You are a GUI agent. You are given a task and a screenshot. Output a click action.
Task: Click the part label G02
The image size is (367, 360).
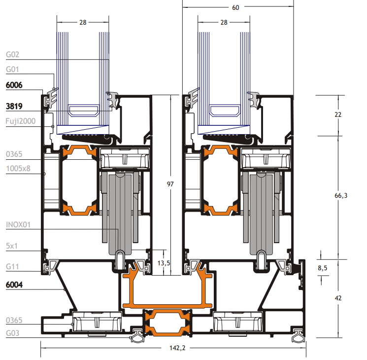12,55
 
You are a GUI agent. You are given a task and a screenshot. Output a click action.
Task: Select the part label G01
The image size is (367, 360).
12,70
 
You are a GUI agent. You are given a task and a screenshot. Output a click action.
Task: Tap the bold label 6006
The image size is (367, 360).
14,85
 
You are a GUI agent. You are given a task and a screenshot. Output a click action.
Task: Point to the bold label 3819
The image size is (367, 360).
14,106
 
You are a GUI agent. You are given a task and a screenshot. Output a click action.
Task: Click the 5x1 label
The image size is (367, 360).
12,245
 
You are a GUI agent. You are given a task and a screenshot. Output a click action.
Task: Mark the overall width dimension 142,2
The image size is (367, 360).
172,348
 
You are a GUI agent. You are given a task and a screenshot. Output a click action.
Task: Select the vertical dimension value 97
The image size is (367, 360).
170,184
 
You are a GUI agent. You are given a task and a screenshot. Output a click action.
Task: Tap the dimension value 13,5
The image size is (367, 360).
163,263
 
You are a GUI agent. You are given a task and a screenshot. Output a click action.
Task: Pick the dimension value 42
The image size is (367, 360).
338,298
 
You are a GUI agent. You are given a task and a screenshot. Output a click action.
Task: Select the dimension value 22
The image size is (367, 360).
337,114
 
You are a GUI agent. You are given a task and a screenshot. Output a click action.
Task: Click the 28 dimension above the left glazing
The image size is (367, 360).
83,22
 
